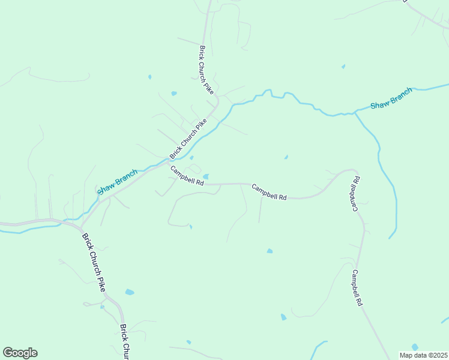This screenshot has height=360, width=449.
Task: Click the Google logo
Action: click(x=20, y=353)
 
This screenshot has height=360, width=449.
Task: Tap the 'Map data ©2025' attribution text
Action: click(x=423, y=355)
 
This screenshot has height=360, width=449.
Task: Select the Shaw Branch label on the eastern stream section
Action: click(x=391, y=98)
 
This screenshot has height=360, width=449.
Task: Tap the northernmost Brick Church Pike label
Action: click(x=206, y=70)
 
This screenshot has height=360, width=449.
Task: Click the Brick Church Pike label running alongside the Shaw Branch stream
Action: click(x=189, y=137)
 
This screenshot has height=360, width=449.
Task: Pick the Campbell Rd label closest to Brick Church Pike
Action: click(x=187, y=176)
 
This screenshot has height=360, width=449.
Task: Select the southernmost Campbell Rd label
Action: click(x=357, y=289)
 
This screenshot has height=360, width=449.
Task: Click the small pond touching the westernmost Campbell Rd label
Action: click(x=206, y=176)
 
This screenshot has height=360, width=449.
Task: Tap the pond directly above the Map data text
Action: click(x=415, y=347)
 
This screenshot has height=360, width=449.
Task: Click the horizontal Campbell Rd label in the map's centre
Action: click(x=269, y=191)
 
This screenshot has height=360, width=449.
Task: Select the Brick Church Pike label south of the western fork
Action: click(x=94, y=263)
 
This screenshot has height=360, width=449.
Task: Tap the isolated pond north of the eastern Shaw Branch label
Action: click(x=343, y=67)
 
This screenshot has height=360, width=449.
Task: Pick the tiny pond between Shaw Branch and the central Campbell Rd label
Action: click(x=286, y=158)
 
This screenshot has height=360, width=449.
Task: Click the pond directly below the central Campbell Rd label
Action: click(x=270, y=251)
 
